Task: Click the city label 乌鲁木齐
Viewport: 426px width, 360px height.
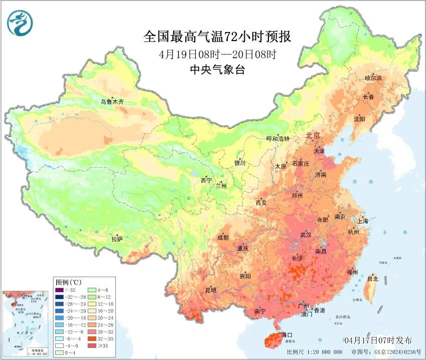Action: (111, 102)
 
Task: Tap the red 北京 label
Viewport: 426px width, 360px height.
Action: (313, 136)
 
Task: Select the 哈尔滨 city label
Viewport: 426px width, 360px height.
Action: (373, 78)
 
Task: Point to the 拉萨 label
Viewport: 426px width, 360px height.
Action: (117, 239)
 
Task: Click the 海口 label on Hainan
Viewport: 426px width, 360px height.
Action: (287, 334)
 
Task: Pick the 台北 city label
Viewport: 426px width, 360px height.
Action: (373, 278)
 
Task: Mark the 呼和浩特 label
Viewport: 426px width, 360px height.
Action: (277, 138)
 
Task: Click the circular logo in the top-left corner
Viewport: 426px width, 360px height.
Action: (20, 23)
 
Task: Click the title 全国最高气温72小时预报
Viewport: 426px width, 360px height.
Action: (217, 37)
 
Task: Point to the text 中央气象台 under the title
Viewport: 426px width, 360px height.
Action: (217, 70)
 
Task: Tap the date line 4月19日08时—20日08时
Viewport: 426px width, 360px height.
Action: (217, 54)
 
